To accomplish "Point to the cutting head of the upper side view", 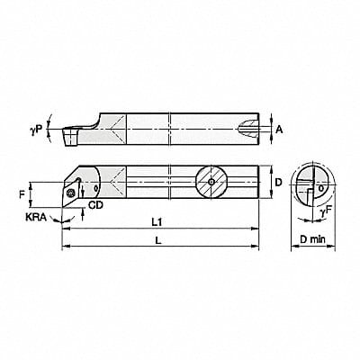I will (x=77, y=131).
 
